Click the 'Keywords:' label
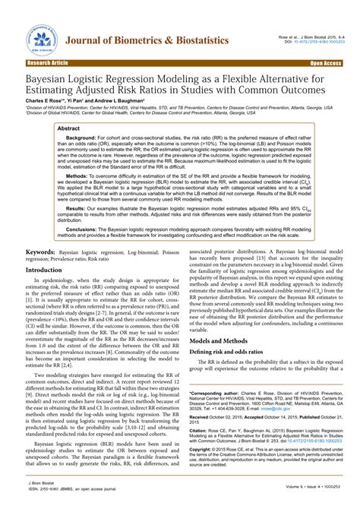[44, 251]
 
